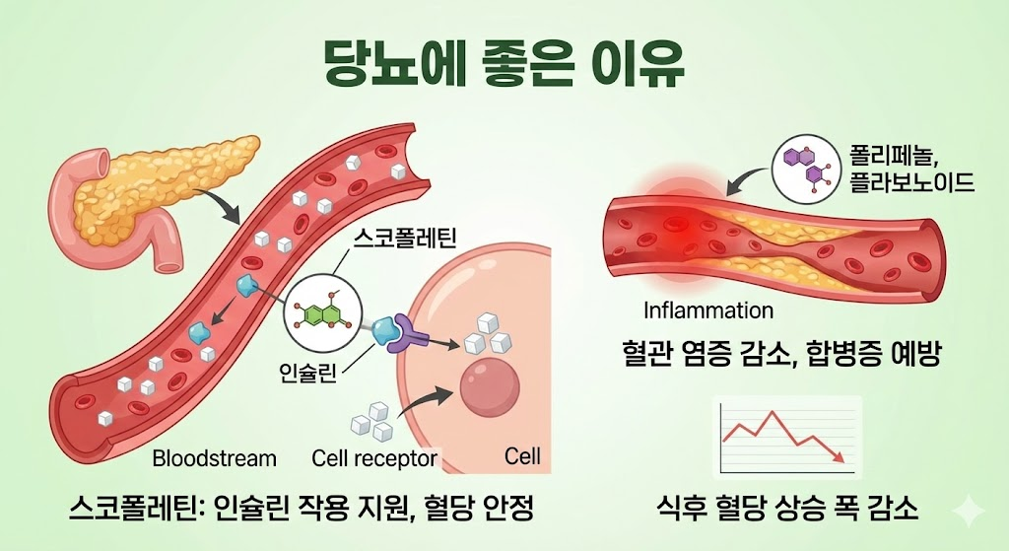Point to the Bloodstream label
(x=214, y=458)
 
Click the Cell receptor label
(x=373, y=458)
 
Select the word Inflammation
(x=708, y=310)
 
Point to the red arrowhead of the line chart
(x=838, y=457)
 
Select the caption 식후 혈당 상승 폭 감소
(x=787, y=510)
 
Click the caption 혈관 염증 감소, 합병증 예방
(x=787, y=354)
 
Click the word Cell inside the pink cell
(x=522, y=457)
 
